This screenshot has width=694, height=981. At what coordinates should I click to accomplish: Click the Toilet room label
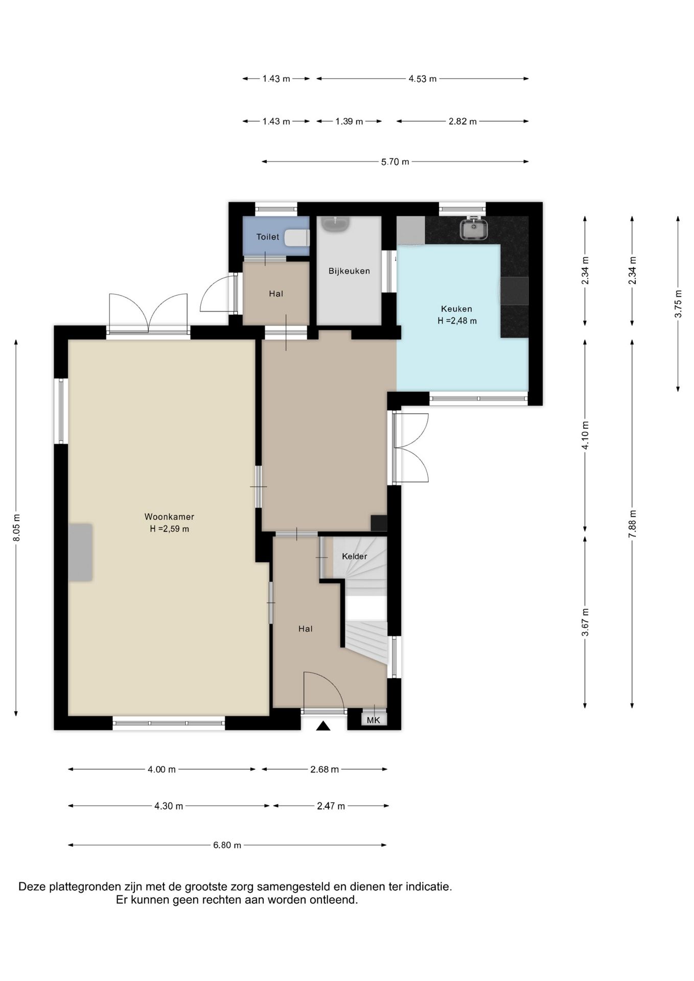pos(268,237)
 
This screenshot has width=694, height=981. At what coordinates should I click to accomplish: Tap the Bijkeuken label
pos(349,271)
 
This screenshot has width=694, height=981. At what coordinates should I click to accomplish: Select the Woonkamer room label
pos(169,517)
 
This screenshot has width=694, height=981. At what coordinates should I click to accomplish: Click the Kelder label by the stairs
pos(355,556)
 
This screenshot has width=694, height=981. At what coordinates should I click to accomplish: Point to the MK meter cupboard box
pos(374,720)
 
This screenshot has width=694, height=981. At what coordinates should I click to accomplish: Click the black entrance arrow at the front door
pos(323,726)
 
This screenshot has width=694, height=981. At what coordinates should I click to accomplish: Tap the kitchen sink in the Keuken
pos(474,228)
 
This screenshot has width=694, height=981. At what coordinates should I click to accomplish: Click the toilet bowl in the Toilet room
pos(296,238)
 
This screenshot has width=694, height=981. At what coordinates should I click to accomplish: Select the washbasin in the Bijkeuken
pos(335,223)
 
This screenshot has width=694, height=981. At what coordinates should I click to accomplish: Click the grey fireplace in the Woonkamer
pos(81,552)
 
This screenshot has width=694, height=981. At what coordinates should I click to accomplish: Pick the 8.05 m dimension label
pos(16,527)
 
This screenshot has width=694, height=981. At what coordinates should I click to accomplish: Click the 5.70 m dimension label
pos(395,162)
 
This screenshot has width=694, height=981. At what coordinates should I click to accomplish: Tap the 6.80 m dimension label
pos(227,845)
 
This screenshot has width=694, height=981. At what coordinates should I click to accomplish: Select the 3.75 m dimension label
pos(678,304)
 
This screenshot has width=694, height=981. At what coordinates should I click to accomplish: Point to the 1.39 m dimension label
pos(349,122)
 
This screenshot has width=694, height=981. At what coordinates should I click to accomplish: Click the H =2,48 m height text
pos(457,321)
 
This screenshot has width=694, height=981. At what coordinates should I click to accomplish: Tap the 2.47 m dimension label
pos(331,806)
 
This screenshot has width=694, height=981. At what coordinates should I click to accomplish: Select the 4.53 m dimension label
pos(422,79)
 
